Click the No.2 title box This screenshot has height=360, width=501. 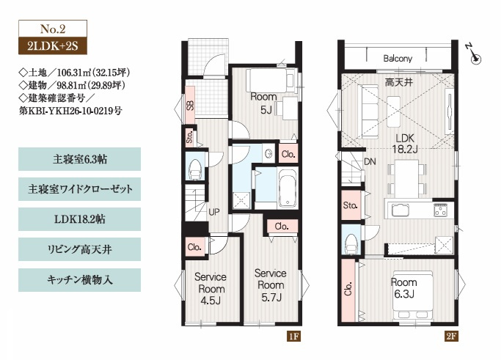53,29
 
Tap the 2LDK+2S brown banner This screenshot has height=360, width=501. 53,46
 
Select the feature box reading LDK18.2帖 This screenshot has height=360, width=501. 79,219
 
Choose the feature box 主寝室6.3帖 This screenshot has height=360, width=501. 79,159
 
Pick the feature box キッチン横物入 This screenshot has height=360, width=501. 79,280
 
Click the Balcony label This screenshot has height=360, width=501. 398,59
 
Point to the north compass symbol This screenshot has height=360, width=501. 474,54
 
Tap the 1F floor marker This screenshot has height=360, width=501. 293,336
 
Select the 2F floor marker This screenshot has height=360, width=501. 451,336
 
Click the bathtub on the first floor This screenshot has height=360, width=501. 288,188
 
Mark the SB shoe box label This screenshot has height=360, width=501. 190,106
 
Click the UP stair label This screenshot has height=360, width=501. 213,212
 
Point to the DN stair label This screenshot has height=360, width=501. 370,161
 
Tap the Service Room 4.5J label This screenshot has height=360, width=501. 211,289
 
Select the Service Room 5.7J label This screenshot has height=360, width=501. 271,285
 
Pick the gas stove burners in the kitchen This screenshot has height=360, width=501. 440,210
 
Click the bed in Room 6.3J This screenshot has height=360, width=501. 412,295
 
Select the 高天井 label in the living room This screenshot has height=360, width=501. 399,83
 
